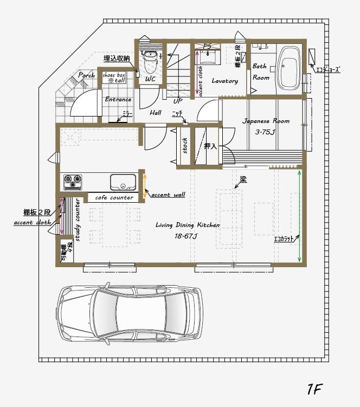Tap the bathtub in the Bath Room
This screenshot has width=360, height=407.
coord(288,68)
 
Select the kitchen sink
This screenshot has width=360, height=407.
coord(121,182)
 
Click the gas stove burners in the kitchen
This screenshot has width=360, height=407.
coord(73,182)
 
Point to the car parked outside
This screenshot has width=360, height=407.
coord(130,315)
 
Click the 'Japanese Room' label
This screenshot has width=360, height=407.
coord(266,121)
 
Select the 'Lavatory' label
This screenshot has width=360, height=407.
coord(224,81)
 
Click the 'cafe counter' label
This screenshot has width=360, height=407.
coord(114,198)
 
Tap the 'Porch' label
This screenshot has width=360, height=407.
coord(87,75)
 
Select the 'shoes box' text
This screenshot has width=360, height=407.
coord(114,75)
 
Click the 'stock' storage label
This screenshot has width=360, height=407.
coord(185,145)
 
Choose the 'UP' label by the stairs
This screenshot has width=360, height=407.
coord(177,101)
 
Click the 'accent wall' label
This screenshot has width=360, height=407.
coord(168,194)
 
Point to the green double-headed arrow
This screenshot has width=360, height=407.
coord(300,216)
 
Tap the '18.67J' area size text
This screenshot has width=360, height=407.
coord(187,236)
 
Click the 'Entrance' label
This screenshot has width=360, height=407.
coord(118,100)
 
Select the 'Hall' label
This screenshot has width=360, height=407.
coord(156,112)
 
